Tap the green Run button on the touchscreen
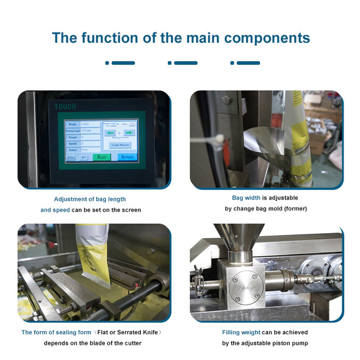tap(102, 157)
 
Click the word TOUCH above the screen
tap(66, 106)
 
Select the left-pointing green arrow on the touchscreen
tap(110, 132)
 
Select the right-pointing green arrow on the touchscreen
tap(129, 132)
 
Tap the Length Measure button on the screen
tap(120, 145)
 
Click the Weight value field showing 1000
tap(90, 124)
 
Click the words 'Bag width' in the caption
tap(246, 198)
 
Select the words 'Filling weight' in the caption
tap(242, 333)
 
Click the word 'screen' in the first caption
tap(131, 209)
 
